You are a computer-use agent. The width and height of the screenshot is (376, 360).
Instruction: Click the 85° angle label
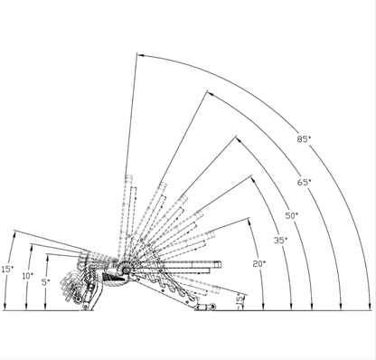pos(303,139)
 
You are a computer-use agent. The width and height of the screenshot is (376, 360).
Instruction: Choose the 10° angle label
pos(27,275)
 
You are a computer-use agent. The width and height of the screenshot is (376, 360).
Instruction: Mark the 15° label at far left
pos(7,269)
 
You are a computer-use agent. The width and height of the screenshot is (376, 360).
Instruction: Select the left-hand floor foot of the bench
pos(86,309)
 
